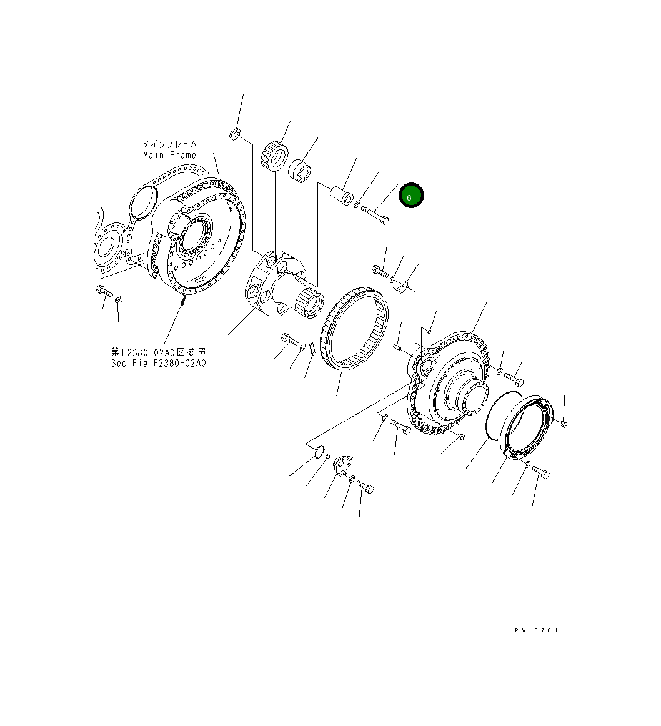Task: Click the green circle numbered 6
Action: coord(412,196)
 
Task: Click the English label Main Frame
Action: coord(169,155)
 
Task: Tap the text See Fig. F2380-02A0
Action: coord(158,363)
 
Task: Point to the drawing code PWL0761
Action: coord(536,630)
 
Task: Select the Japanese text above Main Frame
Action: coord(169,144)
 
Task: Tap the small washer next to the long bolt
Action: coord(356,204)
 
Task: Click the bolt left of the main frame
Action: coord(103,291)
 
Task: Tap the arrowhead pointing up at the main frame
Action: coord(183,300)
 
